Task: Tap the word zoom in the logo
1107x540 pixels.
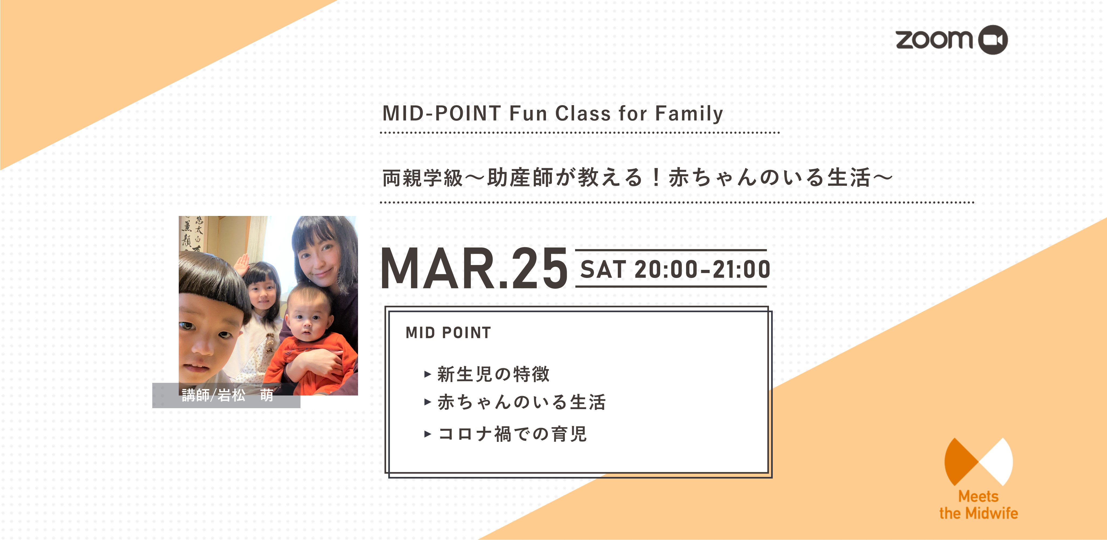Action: [x=934, y=39]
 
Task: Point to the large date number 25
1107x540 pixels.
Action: [x=540, y=269]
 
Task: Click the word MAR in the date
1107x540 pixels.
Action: [x=438, y=269]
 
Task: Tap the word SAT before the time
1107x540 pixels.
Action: [x=602, y=270]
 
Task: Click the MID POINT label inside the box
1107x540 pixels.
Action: [x=448, y=333]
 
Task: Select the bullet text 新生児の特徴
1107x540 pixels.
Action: [x=493, y=374]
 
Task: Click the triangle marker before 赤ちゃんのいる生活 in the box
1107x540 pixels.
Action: [x=428, y=402]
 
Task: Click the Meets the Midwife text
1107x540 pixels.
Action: [x=978, y=505]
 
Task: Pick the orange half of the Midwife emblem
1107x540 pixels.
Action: [x=960, y=462]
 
